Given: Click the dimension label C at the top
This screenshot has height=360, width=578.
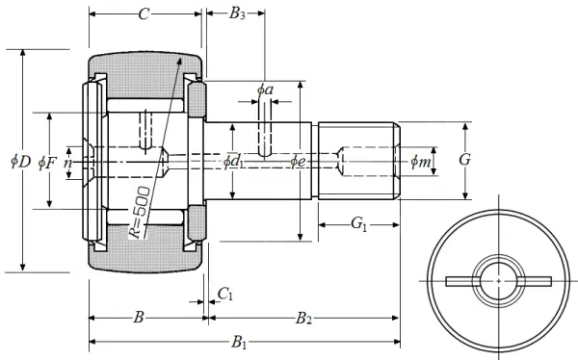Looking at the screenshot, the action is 144,14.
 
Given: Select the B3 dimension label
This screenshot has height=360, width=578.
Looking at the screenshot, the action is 237,14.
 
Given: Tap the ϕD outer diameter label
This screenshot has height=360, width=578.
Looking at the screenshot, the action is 20,162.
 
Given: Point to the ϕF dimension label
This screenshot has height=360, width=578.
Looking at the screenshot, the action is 47,163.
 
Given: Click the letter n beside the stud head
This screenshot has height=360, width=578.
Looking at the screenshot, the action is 67,163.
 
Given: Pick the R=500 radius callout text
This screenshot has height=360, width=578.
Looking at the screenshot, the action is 140,213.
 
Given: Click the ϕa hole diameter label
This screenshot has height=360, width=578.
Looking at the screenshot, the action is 265,90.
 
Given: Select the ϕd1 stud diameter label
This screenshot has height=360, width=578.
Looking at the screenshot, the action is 234,162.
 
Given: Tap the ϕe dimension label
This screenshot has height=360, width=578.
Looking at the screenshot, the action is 298,162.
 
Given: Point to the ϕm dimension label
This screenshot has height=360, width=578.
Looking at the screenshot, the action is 421,162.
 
